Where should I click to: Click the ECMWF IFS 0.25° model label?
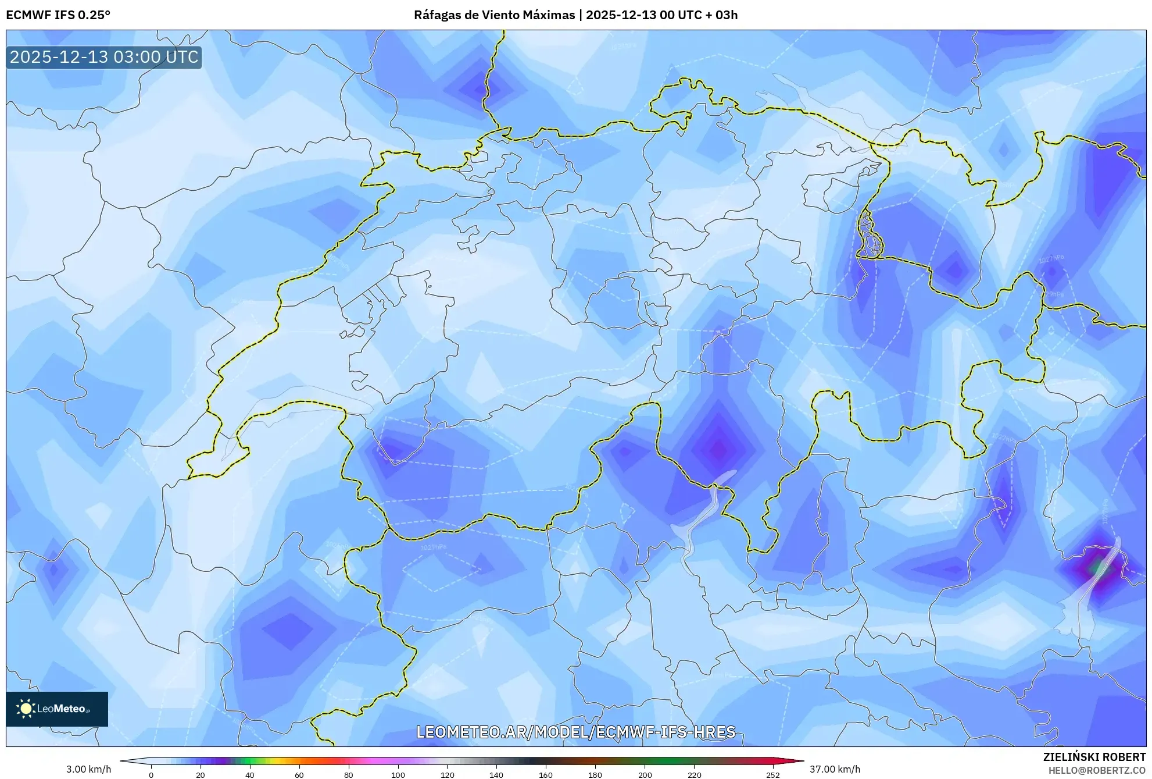[x=58, y=15]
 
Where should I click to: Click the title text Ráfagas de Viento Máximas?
[x=494, y=15]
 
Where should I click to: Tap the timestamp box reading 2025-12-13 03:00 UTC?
[x=104, y=57]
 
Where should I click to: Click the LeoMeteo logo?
[x=57, y=709]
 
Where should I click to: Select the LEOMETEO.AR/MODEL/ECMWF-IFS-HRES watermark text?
[x=576, y=732]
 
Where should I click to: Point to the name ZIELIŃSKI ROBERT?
[x=1094, y=757]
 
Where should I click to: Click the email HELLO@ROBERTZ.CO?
[x=1097, y=770]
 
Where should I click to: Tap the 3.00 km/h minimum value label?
[x=88, y=769]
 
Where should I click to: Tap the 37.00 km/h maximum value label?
[x=835, y=769]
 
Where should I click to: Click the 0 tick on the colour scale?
[x=151, y=774]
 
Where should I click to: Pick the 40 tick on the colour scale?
[x=250, y=774]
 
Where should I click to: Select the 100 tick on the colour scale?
[x=398, y=774]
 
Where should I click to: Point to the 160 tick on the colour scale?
[x=546, y=774]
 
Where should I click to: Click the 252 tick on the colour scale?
[x=773, y=774]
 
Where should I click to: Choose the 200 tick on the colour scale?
[x=645, y=774]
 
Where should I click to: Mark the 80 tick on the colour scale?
[x=349, y=774]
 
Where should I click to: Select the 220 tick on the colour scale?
[x=694, y=774]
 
